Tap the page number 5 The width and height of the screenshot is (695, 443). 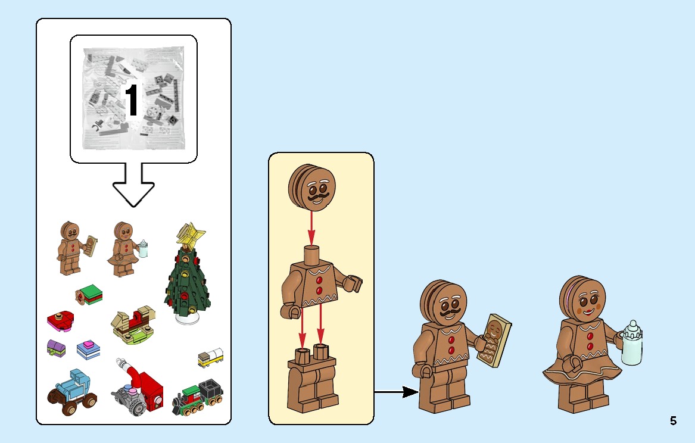click(673, 421)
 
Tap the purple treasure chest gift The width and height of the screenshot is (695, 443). click(55, 348)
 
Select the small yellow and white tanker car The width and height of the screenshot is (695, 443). click(211, 357)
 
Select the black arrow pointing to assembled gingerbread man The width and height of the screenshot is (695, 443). click(396, 392)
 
